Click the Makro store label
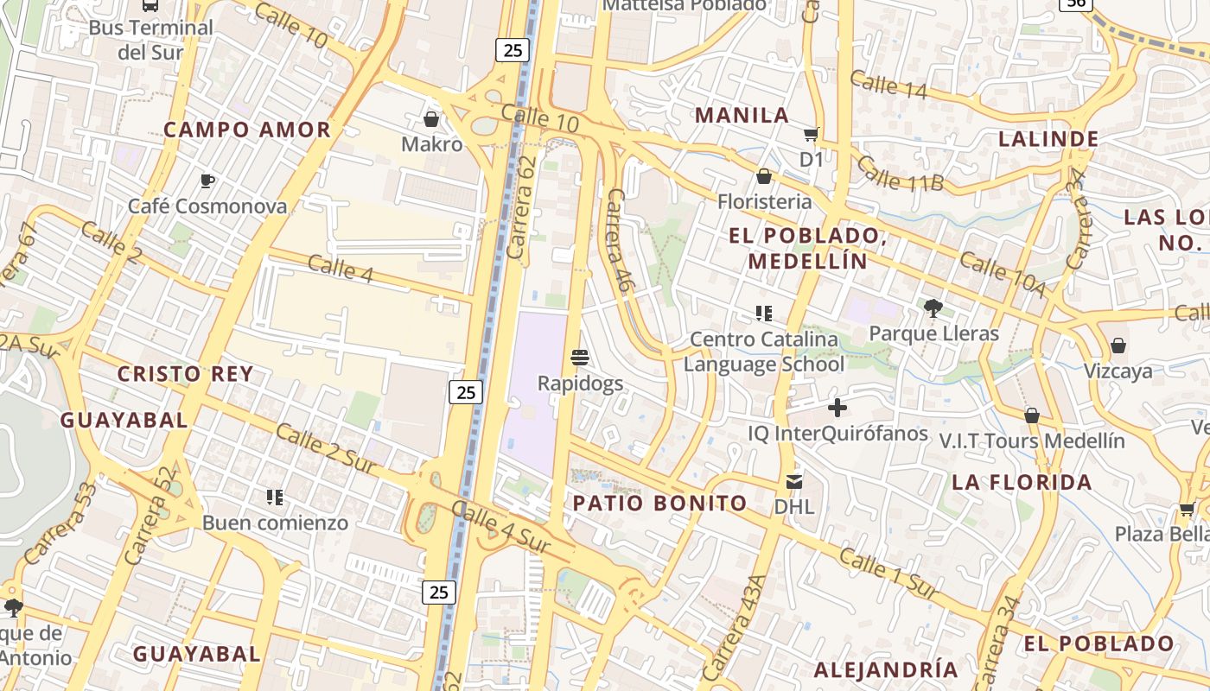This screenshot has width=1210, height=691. (x=431, y=144)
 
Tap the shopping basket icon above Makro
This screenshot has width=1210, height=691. (x=431, y=118)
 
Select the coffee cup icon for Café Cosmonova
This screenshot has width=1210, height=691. (x=207, y=181)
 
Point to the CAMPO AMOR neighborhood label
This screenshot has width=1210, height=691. (x=247, y=130)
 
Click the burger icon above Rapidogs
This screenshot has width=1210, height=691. (x=580, y=357)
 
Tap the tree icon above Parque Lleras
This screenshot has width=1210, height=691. (x=933, y=307)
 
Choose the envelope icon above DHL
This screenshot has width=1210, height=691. (x=793, y=481)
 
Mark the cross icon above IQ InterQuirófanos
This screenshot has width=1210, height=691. (x=837, y=408)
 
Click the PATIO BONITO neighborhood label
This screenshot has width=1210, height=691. (x=660, y=504)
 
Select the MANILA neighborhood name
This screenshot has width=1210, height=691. (x=742, y=115)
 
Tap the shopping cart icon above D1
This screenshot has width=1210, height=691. (x=811, y=134)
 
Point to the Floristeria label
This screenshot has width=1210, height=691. (x=765, y=202)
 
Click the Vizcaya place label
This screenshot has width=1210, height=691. (x=1118, y=371)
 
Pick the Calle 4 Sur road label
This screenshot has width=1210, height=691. (x=500, y=528)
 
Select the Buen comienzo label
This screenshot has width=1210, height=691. (x=275, y=523)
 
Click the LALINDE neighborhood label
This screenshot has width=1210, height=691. (x=1048, y=139)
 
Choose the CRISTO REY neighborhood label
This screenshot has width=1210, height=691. (x=185, y=374)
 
